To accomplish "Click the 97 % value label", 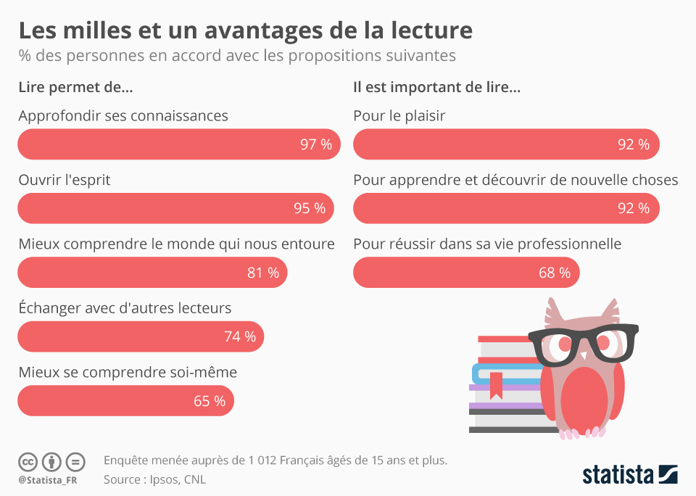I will [x=316, y=144].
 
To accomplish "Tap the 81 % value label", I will [x=263, y=273].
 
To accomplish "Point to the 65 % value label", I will [x=210, y=400].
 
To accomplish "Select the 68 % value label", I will [x=555, y=273].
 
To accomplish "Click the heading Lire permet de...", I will [x=75, y=88].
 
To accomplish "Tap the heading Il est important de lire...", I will [x=436, y=88].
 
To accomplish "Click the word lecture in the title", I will [x=421, y=30].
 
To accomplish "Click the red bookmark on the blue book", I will [x=496, y=384].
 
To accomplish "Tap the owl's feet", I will [x=582, y=433].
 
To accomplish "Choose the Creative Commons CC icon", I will [x=28, y=461].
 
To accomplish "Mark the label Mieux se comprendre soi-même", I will [x=128, y=372].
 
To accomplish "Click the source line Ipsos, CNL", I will [x=155, y=479].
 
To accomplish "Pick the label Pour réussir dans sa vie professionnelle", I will [x=487, y=244].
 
